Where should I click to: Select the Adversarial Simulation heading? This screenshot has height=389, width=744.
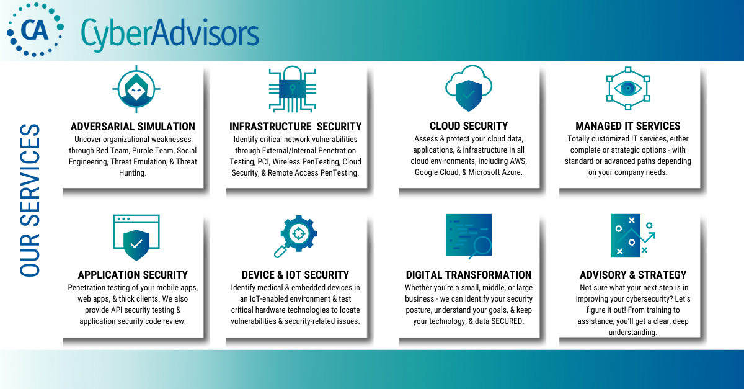click(x=133, y=127)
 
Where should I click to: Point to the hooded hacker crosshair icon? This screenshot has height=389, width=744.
click(x=136, y=89)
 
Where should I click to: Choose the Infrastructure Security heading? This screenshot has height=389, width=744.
click(x=295, y=127)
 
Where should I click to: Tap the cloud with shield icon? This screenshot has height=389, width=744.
click(x=468, y=89)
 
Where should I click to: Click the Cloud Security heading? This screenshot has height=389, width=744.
click(x=469, y=127)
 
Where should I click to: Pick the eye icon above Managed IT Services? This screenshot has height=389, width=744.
click(x=627, y=89)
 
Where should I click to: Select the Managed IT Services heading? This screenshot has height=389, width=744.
click(x=627, y=127)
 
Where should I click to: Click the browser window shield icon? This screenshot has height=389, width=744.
click(x=136, y=237)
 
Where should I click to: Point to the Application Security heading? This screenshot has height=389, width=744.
click(x=133, y=275)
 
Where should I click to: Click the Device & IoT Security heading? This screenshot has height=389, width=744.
click(x=295, y=275)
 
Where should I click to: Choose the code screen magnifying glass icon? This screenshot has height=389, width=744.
click(x=469, y=236)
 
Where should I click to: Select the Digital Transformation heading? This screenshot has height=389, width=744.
click(x=469, y=275)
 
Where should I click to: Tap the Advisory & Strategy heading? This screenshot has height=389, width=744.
click(x=633, y=275)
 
